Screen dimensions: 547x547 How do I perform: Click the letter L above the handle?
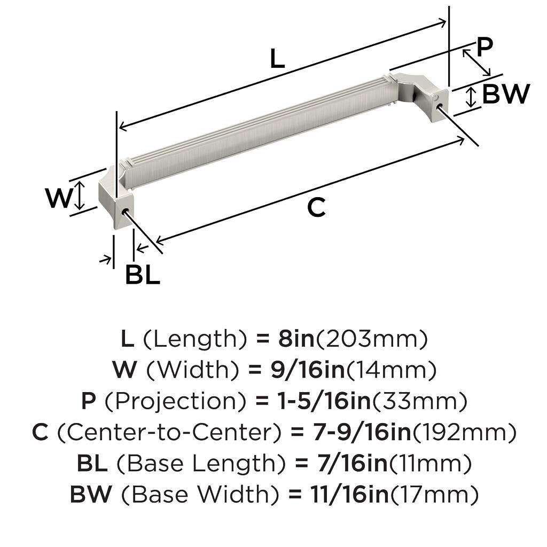click(277, 58)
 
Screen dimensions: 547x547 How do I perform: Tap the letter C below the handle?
click(316, 207)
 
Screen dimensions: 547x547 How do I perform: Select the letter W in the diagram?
click(59, 198)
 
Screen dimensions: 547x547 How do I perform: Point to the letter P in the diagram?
click(485, 47)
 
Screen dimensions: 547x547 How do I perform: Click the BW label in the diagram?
click(506, 93)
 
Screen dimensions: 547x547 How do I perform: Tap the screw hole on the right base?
click(439, 105)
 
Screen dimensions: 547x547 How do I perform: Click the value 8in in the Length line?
click(296, 338)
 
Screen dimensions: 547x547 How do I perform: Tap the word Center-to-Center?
click(169, 432)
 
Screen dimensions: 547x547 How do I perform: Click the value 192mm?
click(464, 432)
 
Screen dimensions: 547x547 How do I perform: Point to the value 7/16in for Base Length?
click(353, 463)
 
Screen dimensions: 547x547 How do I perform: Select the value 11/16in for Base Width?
click(349, 494)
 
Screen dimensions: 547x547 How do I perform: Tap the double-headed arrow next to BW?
click(471, 97)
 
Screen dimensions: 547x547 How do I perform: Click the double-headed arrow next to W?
click(80, 196)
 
